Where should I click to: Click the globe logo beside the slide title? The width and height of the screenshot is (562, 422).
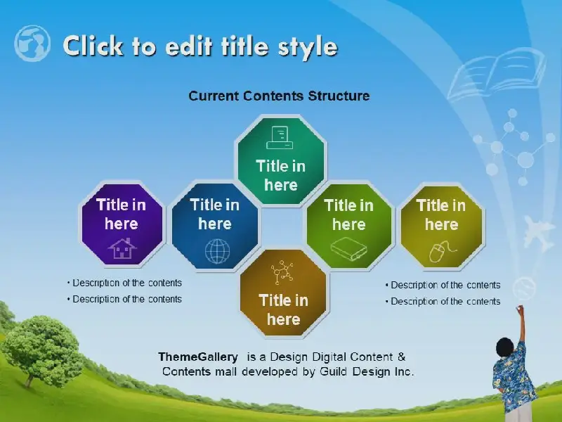[x=32, y=44]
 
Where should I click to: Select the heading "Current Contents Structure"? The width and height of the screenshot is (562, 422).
[x=279, y=96]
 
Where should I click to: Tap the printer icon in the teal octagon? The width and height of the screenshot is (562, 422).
[x=280, y=137]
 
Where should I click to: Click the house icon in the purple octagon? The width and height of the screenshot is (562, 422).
[x=122, y=248]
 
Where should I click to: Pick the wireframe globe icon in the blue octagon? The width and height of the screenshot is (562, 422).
[x=218, y=251]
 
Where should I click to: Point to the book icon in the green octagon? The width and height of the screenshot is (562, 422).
[x=348, y=248]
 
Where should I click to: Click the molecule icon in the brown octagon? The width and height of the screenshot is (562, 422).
[x=282, y=272]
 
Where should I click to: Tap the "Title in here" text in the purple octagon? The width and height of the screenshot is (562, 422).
[x=121, y=215]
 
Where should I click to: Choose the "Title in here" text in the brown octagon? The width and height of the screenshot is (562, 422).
[x=284, y=309]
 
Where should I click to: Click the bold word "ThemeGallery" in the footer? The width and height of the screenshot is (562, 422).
[x=198, y=357]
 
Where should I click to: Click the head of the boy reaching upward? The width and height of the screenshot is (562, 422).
[x=504, y=347]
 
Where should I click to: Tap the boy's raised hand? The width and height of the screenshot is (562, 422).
[x=520, y=309]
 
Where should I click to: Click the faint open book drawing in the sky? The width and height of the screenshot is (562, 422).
[x=497, y=75]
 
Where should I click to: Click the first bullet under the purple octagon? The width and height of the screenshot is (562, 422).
[x=124, y=283]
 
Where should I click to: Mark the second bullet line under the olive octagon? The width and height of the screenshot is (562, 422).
[x=443, y=301]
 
